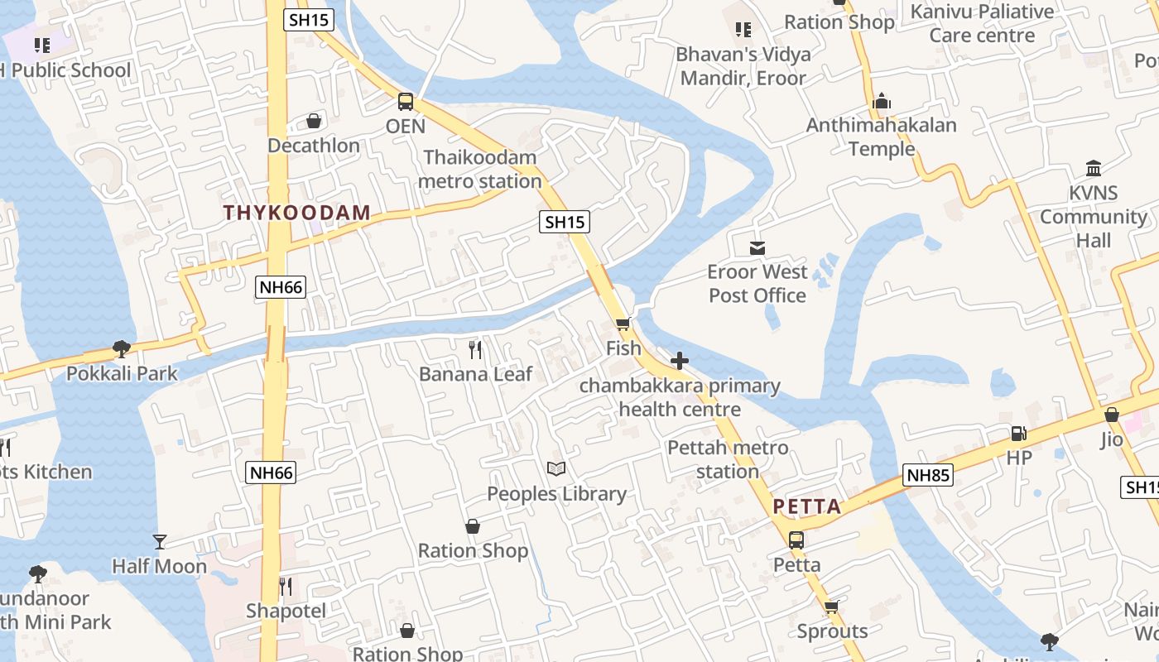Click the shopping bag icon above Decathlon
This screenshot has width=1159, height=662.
point(314,122)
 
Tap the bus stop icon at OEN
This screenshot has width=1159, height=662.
point(406,102)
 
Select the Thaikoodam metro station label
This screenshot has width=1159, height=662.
point(480,169)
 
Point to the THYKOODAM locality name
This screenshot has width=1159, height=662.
point(296,213)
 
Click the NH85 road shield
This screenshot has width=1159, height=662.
point(928,475)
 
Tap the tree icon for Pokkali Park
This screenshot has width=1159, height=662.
point(122,349)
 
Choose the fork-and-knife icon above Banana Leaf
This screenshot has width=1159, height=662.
point(475,350)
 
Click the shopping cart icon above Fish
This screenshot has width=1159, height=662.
point(623,324)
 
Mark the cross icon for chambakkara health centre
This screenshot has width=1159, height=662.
point(680,361)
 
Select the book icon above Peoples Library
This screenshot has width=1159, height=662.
point(556,469)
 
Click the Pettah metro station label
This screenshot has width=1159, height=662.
point(728,460)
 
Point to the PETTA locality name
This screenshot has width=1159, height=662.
point(807,506)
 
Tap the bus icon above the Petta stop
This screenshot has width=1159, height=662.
point(796,540)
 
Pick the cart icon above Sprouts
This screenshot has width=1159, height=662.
point(832,607)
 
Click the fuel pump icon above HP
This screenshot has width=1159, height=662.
point(1018,434)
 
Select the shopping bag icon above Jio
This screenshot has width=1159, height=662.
point(1112,415)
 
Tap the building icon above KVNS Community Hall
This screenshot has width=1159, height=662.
point(1094,169)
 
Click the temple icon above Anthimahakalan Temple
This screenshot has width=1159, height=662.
point(882,102)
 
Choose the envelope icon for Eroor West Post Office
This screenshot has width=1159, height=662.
point(757,247)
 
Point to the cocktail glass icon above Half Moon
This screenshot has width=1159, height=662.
point(160,542)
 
